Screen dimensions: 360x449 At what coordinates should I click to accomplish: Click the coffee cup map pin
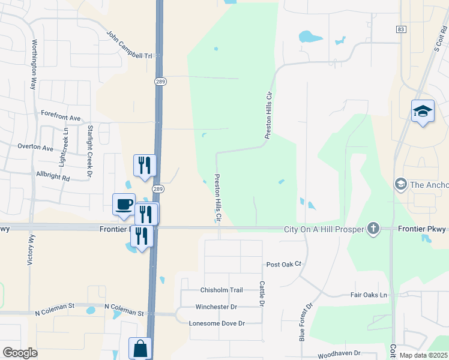pyautogui.click(x=124, y=205)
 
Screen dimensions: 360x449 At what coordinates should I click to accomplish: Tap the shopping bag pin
pyautogui.click(x=140, y=348)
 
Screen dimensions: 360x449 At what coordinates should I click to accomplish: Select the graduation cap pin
pyautogui.click(x=423, y=112)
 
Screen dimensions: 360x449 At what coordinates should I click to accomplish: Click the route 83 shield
pyautogui.click(x=401, y=29)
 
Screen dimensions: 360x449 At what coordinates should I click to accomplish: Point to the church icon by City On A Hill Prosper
pyautogui.click(x=373, y=228)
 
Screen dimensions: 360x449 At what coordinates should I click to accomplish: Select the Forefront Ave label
pyautogui.click(x=61, y=113)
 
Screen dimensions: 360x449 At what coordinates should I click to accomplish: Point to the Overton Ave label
pyautogui.click(x=35, y=148)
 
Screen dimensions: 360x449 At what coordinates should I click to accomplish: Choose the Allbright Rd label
pyautogui.click(x=53, y=179)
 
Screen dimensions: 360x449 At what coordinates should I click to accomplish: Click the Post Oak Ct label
pyautogui.click(x=283, y=264)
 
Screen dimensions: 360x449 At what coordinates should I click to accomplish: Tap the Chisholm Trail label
pyautogui.click(x=221, y=290)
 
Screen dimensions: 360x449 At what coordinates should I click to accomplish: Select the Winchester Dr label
pyautogui.click(x=216, y=307)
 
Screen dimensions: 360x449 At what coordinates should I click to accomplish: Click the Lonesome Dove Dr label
pyautogui.click(x=217, y=323)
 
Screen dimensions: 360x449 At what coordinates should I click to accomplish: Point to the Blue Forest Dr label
pyautogui.click(x=306, y=322)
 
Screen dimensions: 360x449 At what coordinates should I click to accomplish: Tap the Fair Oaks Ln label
pyautogui.click(x=369, y=295)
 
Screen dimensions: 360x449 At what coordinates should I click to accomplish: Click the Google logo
pyautogui.click(x=20, y=353)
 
